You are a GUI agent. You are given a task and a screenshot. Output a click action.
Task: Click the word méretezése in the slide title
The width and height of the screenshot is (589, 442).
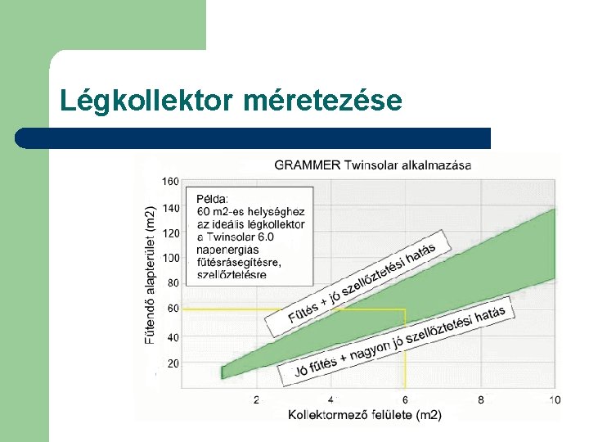click(x=322, y=101)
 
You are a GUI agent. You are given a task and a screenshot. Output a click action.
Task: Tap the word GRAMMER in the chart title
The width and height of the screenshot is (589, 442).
click(x=308, y=165)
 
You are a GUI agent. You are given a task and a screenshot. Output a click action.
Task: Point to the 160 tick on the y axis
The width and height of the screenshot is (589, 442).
click(x=170, y=181)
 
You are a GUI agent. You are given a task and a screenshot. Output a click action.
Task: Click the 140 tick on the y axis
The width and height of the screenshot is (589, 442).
click(x=170, y=208)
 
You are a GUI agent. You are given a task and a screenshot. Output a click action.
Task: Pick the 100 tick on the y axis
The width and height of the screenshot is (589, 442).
click(x=170, y=258)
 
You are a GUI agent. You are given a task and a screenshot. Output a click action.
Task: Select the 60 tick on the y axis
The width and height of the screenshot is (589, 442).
click(x=173, y=309)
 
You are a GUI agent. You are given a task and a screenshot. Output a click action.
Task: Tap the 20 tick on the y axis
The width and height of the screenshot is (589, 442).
click(x=173, y=363)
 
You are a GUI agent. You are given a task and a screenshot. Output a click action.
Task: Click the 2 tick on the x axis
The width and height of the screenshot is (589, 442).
click(x=256, y=399)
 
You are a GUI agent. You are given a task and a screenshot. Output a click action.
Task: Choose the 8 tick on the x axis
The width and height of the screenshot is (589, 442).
click(x=480, y=399)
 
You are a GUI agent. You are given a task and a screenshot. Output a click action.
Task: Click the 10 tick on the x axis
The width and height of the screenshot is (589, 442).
click(x=554, y=399)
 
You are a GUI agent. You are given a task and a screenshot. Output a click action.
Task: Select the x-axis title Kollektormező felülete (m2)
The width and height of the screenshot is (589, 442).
click(x=364, y=415)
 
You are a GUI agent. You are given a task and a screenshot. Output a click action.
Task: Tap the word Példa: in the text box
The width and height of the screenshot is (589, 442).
click(x=213, y=198)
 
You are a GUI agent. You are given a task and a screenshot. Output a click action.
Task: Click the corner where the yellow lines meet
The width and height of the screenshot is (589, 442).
click(x=405, y=309)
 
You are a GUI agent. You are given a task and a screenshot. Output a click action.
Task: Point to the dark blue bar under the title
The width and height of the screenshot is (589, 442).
click(x=254, y=138)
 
